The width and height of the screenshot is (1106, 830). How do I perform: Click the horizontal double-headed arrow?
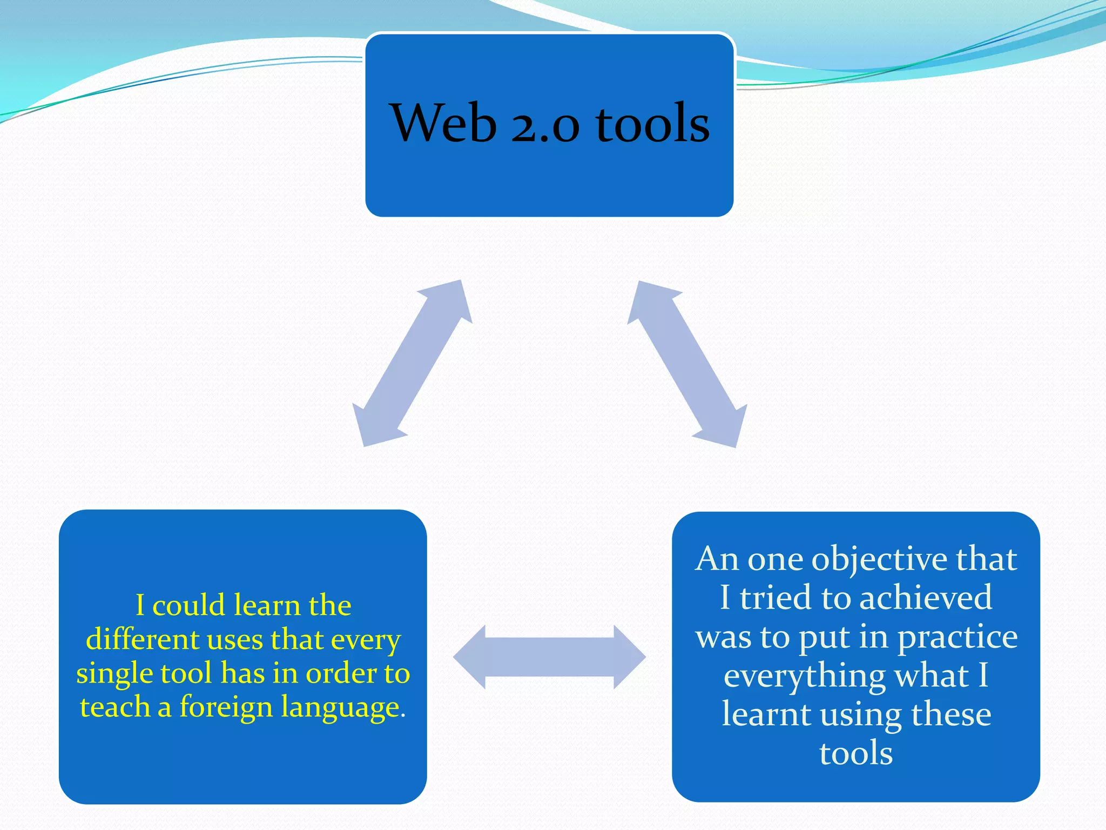coord(549,657)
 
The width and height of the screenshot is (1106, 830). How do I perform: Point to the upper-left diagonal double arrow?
coord(412,363)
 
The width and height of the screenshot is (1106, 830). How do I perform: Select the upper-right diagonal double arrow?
coord(687,364)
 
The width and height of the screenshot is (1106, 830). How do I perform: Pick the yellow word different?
coord(143,639)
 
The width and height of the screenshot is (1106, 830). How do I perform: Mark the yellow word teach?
coord(114,706)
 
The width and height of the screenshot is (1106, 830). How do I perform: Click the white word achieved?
coord(925,598)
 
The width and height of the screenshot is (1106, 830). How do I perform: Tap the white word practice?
coord(957,637)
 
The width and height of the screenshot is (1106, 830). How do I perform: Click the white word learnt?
coord(767,714)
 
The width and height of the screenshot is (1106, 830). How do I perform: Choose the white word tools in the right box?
coord(856,753)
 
